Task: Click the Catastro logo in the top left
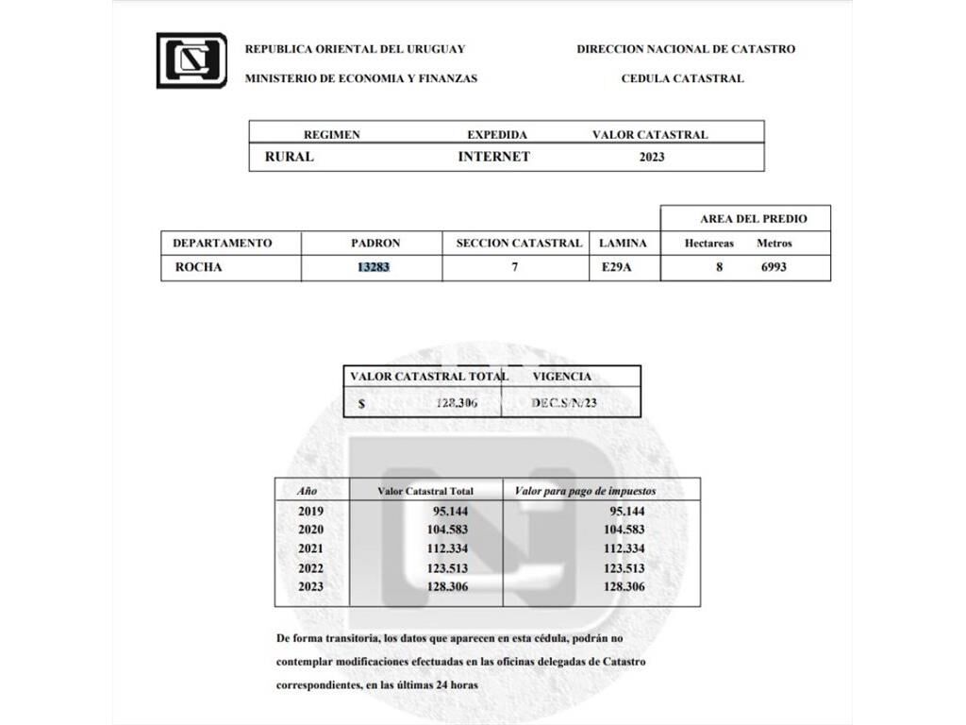coord(192,59)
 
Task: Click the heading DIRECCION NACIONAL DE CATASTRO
coord(686,49)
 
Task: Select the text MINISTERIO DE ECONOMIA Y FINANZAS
coord(360,78)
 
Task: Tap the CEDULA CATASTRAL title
coord(682,78)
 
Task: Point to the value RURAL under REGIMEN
coord(289,157)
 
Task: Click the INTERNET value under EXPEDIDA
coord(493,157)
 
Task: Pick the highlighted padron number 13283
coord(373,267)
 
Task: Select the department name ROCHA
coord(198,267)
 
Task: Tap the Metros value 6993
coord(774,267)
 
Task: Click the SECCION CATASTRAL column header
coord(519,243)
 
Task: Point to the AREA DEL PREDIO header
coord(753,218)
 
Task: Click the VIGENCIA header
coord(562,376)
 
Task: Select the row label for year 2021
coord(310,549)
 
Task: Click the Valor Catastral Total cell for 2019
coord(449,511)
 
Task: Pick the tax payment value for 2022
coord(624,568)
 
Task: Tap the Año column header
coord(308,491)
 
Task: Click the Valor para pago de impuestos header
coord(585,491)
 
